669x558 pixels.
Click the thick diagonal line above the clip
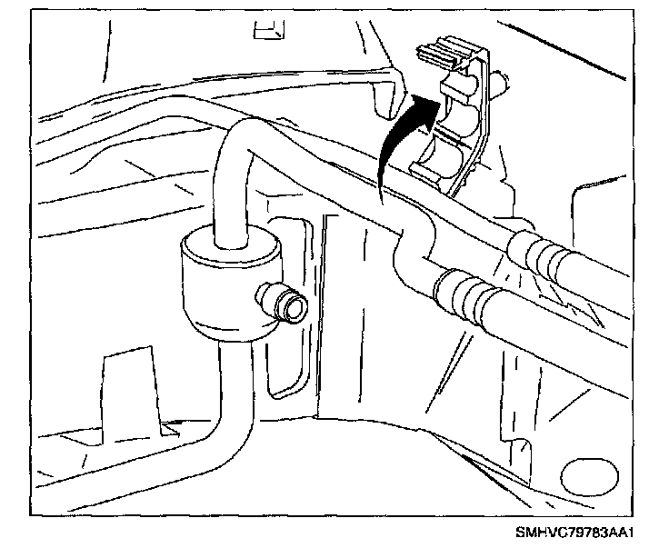582,55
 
